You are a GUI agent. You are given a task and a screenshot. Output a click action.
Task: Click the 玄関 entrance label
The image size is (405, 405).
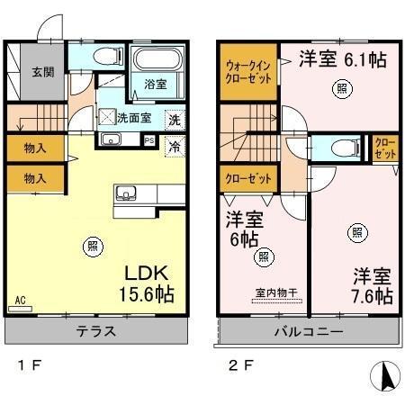pyautogui.click(x=43, y=72)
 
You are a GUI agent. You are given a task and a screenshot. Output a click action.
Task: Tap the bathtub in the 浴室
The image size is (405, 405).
pyautogui.click(x=157, y=58)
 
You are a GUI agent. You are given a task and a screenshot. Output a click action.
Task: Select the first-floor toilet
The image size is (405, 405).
pyautogui.click(x=108, y=56)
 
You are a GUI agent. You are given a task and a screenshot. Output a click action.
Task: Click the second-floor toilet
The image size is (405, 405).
pyautogui.click(x=346, y=148)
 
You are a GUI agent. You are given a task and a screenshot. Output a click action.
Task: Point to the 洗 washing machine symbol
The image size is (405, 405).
pyautogui.click(x=175, y=120)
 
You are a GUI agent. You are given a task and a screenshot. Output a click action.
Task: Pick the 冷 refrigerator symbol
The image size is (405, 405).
pyautogui.click(x=175, y=147)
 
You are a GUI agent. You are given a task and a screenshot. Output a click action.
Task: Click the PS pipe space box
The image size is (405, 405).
pyautogui.click(x=149, y=140)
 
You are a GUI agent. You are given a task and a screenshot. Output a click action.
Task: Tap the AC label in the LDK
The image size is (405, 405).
pyautogui.click(x=20, y=300)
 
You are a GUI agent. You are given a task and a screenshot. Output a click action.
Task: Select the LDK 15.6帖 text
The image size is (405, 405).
pyautogui.click(x=147, y=283)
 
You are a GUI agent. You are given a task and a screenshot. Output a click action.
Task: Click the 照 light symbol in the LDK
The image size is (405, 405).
pyautogui.click(x=93, y=247)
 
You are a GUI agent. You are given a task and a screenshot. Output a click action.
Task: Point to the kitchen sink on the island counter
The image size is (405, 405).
pyautogui.click(x=126, y=193)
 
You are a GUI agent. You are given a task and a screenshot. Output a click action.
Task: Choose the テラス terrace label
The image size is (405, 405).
pyautogui.click(x=96, y=331)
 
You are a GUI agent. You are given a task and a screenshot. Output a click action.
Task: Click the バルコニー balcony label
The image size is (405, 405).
pyautogui.click(x=309, y=331)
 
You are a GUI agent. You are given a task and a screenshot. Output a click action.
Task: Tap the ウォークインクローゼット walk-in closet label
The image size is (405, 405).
pyautogui.click(x=248, y=72)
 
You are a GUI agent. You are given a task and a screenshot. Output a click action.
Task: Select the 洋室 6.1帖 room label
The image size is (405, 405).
pyautogui.click(x=343, y=58)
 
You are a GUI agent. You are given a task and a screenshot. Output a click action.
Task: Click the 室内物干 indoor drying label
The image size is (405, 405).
pyautogui.click(x=276, y=292)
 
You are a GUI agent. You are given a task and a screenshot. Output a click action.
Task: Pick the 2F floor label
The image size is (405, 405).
pyautogui.click(x=241, y=365)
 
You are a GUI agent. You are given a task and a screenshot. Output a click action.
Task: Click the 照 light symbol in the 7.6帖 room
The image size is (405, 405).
pyautogui.click(x=357, y=233)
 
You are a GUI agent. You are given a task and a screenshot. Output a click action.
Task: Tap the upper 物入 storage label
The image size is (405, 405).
pyautogui.click(x=35, y=148)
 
